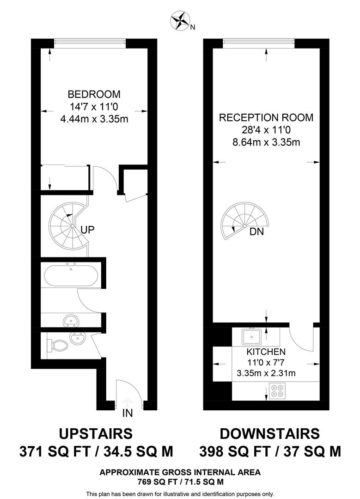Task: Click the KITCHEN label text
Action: tap(266, 352)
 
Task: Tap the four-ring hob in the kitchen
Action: tap(278, 391)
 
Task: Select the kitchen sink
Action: tap(252, 336)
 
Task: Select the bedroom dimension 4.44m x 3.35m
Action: tap(94, 119)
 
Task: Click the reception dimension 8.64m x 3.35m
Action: tap(266, 142)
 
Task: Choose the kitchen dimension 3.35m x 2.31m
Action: tap(266, 373)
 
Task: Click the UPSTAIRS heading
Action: tap(96, 434)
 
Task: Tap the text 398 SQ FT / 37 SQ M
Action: tap(270, 451)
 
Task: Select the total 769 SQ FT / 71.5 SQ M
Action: tap(180, 482)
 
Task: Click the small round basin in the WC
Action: tap(76, 339)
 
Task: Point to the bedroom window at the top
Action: tap(90, 43)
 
